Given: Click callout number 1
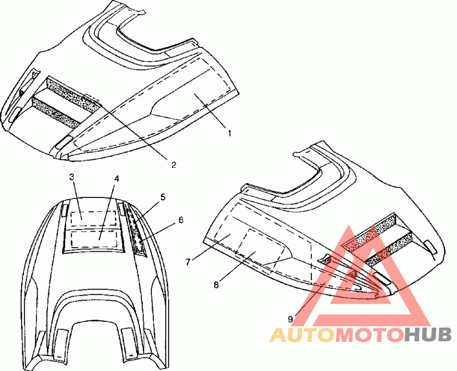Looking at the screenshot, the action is point(229,134).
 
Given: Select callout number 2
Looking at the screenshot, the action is point(174,165).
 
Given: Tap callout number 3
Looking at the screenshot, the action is point(73,177).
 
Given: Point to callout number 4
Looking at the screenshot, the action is point(116,179).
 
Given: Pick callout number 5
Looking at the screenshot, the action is point(163,197).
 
